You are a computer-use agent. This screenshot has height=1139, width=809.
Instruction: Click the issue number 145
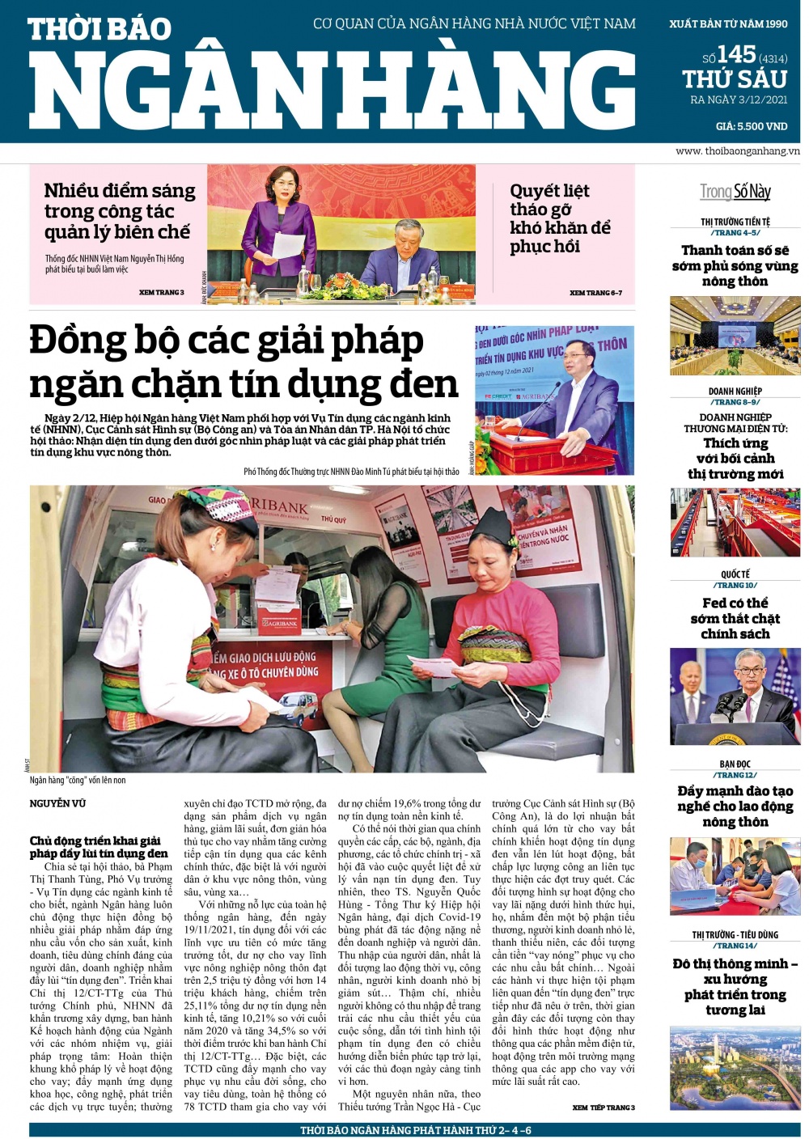coord(735,54)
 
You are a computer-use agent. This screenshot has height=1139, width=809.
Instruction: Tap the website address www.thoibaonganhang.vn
coord(737,151)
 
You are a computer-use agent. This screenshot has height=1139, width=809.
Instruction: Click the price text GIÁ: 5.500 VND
coord(751,126)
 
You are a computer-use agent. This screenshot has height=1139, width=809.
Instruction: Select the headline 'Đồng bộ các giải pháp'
coord(227,341)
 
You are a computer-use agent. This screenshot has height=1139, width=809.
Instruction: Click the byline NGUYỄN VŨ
coord(57,803)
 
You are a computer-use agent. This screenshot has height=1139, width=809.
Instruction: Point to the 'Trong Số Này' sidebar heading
coord(735,192)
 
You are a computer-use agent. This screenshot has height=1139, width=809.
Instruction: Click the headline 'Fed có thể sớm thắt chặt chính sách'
coord(735,618)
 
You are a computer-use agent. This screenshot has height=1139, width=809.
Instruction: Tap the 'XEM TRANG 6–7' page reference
coord(595,293)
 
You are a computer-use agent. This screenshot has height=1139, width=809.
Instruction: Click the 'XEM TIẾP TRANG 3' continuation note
coord(603,1107)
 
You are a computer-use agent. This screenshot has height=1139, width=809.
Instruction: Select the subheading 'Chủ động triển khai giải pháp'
coord(98,846)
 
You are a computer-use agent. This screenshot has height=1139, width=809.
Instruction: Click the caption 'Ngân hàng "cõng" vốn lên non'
coord(78,781)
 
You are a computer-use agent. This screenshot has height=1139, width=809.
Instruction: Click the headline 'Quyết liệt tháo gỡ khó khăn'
coord(559,218)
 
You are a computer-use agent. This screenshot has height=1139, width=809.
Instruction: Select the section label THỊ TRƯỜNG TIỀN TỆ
coord(735,222)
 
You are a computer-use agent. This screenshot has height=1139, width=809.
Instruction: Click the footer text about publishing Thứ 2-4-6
coord(415,1130)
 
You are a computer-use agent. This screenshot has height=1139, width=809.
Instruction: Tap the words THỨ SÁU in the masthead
coord(734,79)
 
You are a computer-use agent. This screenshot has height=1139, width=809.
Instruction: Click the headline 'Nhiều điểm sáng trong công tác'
coord(119,211)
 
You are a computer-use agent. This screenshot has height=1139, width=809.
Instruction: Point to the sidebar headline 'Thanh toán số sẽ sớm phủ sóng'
coord(735,266)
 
